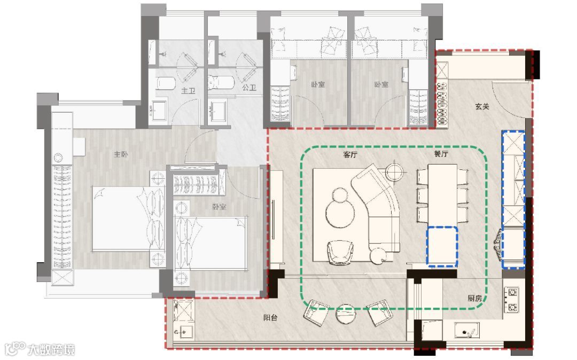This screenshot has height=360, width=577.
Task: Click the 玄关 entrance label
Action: tap(482, 107)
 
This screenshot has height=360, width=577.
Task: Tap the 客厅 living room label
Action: tap(350, 155)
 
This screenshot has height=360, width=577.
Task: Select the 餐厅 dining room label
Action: tap(441, 154)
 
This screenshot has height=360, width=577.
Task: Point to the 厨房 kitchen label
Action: tap(475, 298)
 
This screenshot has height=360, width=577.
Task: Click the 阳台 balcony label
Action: tap(270, 317)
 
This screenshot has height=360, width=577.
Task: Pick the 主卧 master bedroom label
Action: tap(121, 154)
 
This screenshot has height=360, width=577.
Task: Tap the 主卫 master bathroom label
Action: tap(188, 90)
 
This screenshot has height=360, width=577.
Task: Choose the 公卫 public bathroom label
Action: tap(249, 88)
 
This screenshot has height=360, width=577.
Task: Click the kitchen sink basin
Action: tap(466, 330)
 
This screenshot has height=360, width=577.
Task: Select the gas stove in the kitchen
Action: tap(512, 300)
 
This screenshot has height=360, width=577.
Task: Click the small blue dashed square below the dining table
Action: tap(442, 246)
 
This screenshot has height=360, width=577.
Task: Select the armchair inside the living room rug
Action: tap(340, 252)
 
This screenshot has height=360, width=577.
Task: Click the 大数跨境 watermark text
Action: tap(51, 349)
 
